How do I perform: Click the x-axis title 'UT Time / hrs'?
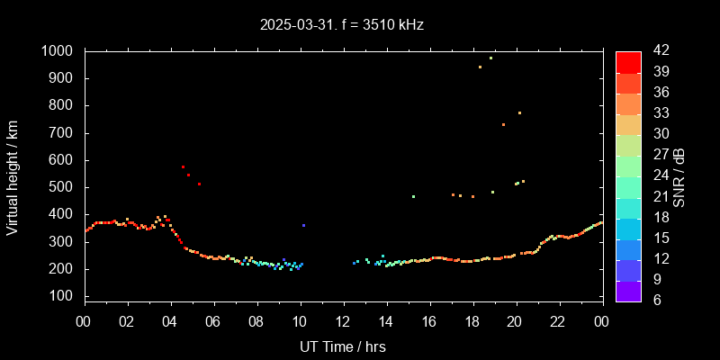point(343,346)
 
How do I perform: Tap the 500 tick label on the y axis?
point(63,187)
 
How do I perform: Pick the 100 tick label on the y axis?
point(63,296)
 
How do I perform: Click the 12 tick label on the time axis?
point(343,321)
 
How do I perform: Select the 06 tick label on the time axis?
point(214,321)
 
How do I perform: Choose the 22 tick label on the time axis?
point(558,321)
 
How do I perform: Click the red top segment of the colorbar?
point(628,61)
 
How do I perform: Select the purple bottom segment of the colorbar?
point(628,289)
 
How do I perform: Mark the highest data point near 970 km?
point(490,58)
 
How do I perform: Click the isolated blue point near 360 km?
point(303,225)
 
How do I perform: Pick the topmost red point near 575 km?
point(183,166)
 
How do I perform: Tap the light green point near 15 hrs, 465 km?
point(413,196)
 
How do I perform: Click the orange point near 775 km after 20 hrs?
point(519,112)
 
